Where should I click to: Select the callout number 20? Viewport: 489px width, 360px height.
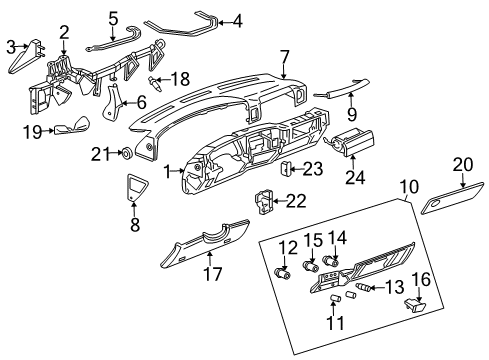click(x=461, y=165)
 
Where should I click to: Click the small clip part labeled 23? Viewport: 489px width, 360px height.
click(x=285, y=167)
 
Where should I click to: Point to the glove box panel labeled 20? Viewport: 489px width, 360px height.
click(x=437, y=204)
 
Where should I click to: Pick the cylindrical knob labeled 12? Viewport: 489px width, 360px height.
click(x=283, y=271)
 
